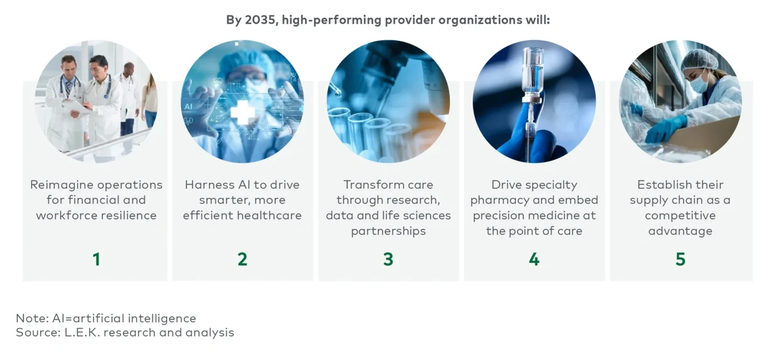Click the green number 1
pos(96,259)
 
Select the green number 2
pos(242,259)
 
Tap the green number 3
pos(388,259)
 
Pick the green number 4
pos(534,259)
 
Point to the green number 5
pos(680,259)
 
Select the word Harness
pos(209,184)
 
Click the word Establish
pos(662,184)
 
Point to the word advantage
pos(680,231)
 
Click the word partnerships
pos(388,231)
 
